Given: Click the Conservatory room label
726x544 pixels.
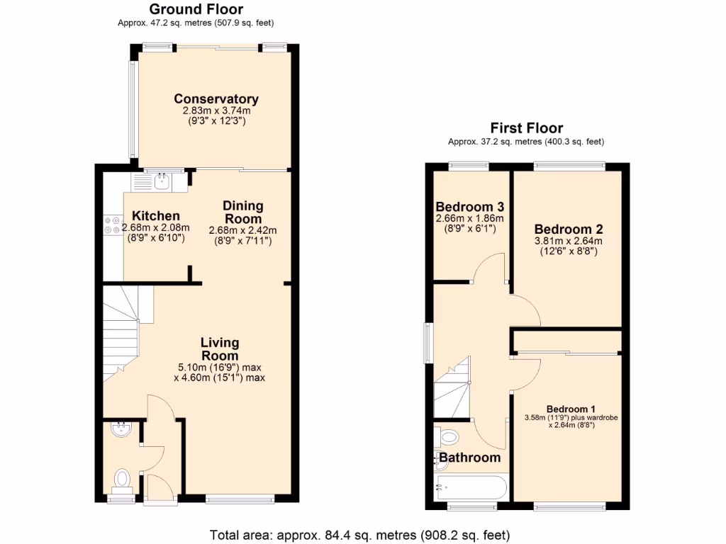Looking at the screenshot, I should (216, 99).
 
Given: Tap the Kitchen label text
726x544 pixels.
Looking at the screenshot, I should (156, 216).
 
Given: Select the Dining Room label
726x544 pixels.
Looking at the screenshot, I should (243, 212).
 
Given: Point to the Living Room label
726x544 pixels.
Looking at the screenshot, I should (220, 349).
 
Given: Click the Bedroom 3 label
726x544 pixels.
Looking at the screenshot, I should (469, 208).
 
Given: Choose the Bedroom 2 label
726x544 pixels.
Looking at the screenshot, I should (569, 229).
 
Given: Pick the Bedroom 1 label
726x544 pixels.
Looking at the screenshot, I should (571, 409).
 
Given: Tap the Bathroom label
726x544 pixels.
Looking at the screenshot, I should (470, 458).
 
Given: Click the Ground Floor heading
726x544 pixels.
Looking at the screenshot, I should (196, 9).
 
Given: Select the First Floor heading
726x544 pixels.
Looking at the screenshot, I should (527, 128).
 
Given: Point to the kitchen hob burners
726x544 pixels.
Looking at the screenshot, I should (112, 225).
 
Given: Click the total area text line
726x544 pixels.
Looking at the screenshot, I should (360, 534).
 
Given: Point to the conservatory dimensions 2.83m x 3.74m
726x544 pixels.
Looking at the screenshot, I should (216, 111).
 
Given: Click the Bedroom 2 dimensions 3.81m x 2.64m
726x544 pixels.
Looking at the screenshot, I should (569, 241).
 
